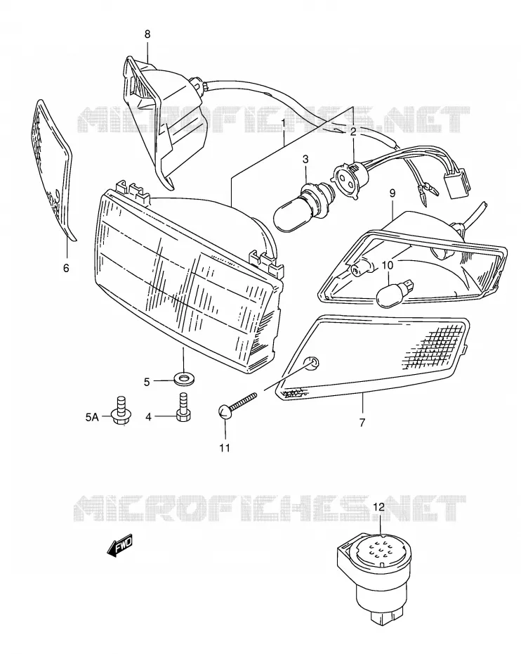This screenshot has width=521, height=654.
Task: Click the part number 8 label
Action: [x=147, y=34]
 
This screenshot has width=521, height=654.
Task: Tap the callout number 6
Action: [x=66, y=268]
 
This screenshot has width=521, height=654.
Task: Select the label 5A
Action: [x=92, y=417]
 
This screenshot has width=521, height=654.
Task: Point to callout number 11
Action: [x=225, y=448]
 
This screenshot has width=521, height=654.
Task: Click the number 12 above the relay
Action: [x=379, y=507]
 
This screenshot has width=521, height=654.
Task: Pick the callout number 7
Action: [x=362, y=422]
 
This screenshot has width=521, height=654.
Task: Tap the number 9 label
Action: [x=393, y=193]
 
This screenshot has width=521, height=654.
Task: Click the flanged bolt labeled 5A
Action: [x=121, y=411]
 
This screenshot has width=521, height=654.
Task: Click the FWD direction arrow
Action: [x=120, y=545]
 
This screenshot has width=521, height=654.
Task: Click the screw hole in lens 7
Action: [x=313, y=363]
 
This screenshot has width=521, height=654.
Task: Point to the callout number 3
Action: [x=305, y=159]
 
